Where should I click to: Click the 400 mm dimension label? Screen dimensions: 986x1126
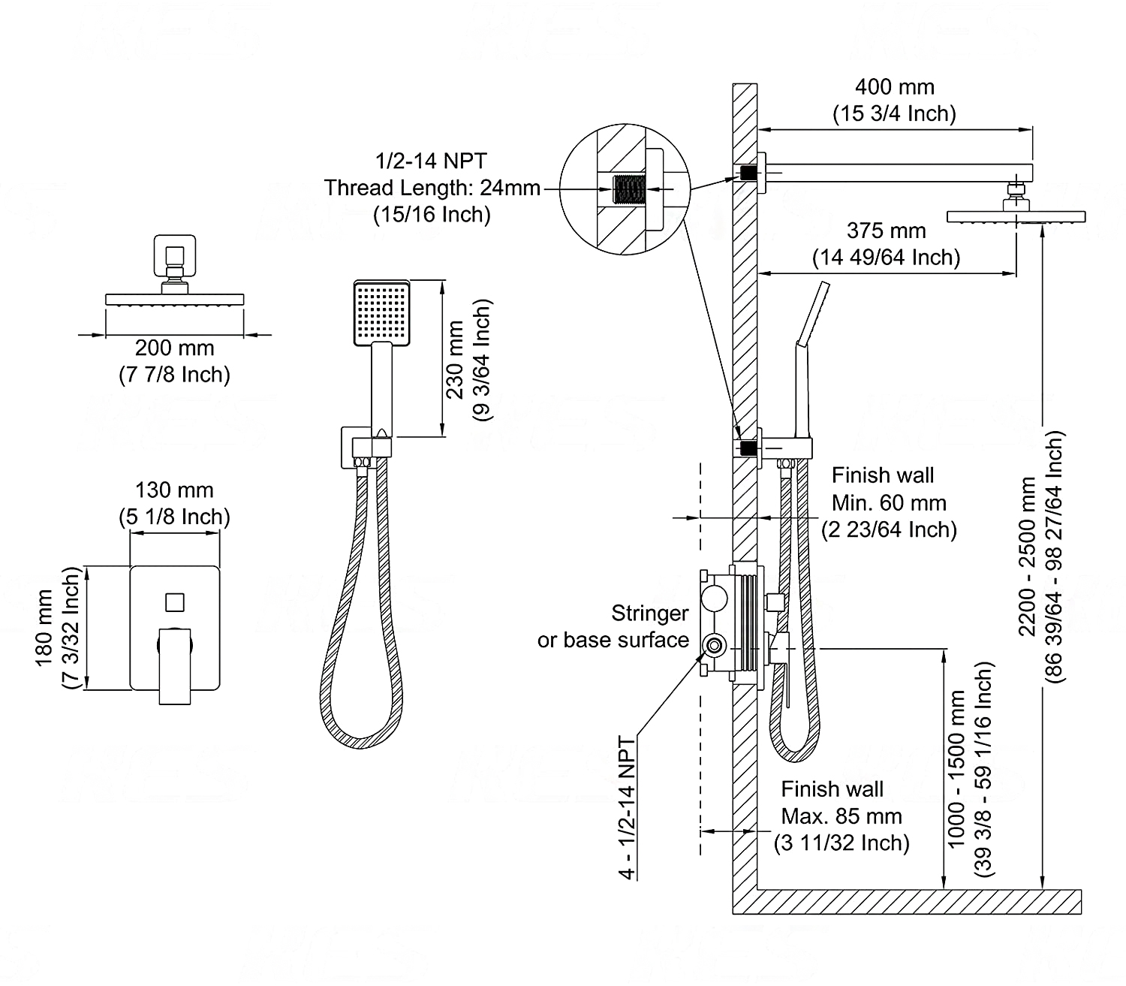894,87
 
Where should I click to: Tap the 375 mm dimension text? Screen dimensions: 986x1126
886,231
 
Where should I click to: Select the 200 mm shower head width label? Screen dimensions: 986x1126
174,348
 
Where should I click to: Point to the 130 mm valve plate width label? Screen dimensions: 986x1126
174,490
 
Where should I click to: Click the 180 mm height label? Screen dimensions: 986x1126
44,628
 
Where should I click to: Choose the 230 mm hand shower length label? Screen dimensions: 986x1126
456,360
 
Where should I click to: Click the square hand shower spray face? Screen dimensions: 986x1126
382,313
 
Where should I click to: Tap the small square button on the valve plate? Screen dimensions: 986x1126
174,602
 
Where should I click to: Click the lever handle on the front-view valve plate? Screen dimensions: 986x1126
175,665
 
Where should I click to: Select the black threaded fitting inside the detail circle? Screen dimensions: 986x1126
628,190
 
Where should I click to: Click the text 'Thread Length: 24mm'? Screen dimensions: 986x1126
432,188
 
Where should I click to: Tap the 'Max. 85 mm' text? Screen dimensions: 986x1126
841,816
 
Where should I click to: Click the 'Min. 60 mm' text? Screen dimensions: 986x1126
889,502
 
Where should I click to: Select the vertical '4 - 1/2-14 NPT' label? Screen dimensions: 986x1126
627,808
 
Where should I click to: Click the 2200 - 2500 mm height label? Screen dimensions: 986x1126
1027,556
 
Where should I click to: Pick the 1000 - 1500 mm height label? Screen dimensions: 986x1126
956,769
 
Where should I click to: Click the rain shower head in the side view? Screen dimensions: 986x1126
1016,216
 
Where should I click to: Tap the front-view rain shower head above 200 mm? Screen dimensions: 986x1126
174,299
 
